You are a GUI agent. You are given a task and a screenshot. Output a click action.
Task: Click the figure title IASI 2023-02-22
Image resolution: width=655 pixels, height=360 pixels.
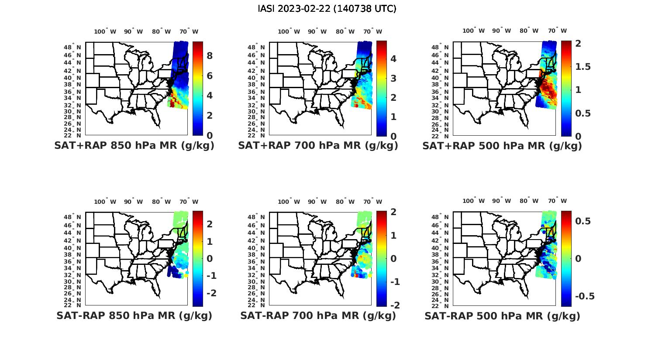point(327,9)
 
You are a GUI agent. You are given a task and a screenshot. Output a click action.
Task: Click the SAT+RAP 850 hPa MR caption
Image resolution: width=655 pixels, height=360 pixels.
point(134,146)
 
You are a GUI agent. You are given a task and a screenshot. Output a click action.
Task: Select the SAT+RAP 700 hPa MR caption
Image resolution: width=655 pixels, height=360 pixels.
point(318,146)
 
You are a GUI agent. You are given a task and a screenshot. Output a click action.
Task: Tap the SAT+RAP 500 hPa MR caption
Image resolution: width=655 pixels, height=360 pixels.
point(502,146)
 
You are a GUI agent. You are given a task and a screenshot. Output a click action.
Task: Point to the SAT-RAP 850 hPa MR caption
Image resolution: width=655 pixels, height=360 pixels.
point(134,315)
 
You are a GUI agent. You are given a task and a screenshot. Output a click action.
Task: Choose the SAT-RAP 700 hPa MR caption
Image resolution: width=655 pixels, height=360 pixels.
point(318,315)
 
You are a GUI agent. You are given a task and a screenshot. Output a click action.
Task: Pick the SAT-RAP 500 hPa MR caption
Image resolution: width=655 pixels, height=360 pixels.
point(502,315)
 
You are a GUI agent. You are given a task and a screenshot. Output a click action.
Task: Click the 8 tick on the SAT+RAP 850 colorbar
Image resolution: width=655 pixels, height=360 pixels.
point(210,56)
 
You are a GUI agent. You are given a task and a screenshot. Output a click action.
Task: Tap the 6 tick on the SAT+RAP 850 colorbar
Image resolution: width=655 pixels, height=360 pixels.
point(210,76)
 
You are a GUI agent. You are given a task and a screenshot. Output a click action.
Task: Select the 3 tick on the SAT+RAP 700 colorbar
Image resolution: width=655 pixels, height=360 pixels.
point(393,79)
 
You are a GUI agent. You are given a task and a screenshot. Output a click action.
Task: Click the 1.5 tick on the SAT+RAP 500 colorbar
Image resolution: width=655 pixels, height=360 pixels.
point(583,67)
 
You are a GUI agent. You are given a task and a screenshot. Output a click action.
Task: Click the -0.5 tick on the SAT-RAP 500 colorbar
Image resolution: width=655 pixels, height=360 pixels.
point(585,296)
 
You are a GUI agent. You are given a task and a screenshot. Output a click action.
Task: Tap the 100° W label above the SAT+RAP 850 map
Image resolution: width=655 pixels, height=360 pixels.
point(105,31)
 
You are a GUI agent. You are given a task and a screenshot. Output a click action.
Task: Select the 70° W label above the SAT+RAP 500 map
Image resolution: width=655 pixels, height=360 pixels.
point(557,31)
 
